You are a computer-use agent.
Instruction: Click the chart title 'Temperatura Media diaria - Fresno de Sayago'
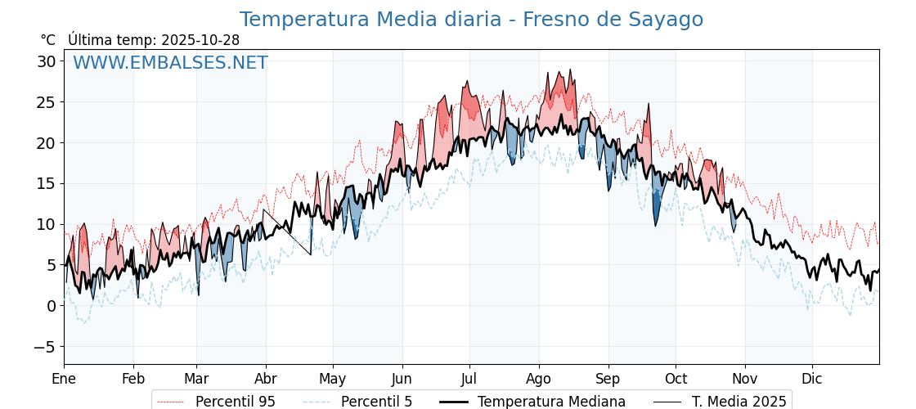[471, 20]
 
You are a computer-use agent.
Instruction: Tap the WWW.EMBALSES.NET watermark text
[170, 63]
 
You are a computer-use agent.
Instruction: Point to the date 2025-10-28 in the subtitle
[200, 40]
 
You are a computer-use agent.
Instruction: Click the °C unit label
[48, 40]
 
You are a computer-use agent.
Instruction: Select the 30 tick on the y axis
[47, 61]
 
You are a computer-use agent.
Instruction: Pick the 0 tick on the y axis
[52, 306]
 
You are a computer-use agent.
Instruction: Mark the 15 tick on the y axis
[47, 183]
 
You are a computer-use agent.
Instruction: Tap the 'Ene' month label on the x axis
[64, 379]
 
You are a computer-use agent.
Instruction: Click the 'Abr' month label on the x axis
[266, 379]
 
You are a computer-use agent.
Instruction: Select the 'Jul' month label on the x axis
[469, 379]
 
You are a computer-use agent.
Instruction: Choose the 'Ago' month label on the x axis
[538, 379]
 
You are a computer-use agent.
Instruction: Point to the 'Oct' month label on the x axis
[676, 379]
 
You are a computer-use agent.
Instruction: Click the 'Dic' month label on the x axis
[812, 379]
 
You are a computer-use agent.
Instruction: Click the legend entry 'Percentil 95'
[235, 402]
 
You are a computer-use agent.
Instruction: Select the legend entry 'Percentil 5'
[376, 402]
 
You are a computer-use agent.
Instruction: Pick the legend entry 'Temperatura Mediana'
[551, 402]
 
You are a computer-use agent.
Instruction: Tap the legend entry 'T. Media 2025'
[739, 402]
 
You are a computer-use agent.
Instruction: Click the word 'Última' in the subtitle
[88, 40]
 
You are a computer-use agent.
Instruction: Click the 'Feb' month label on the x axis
[133, 379]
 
